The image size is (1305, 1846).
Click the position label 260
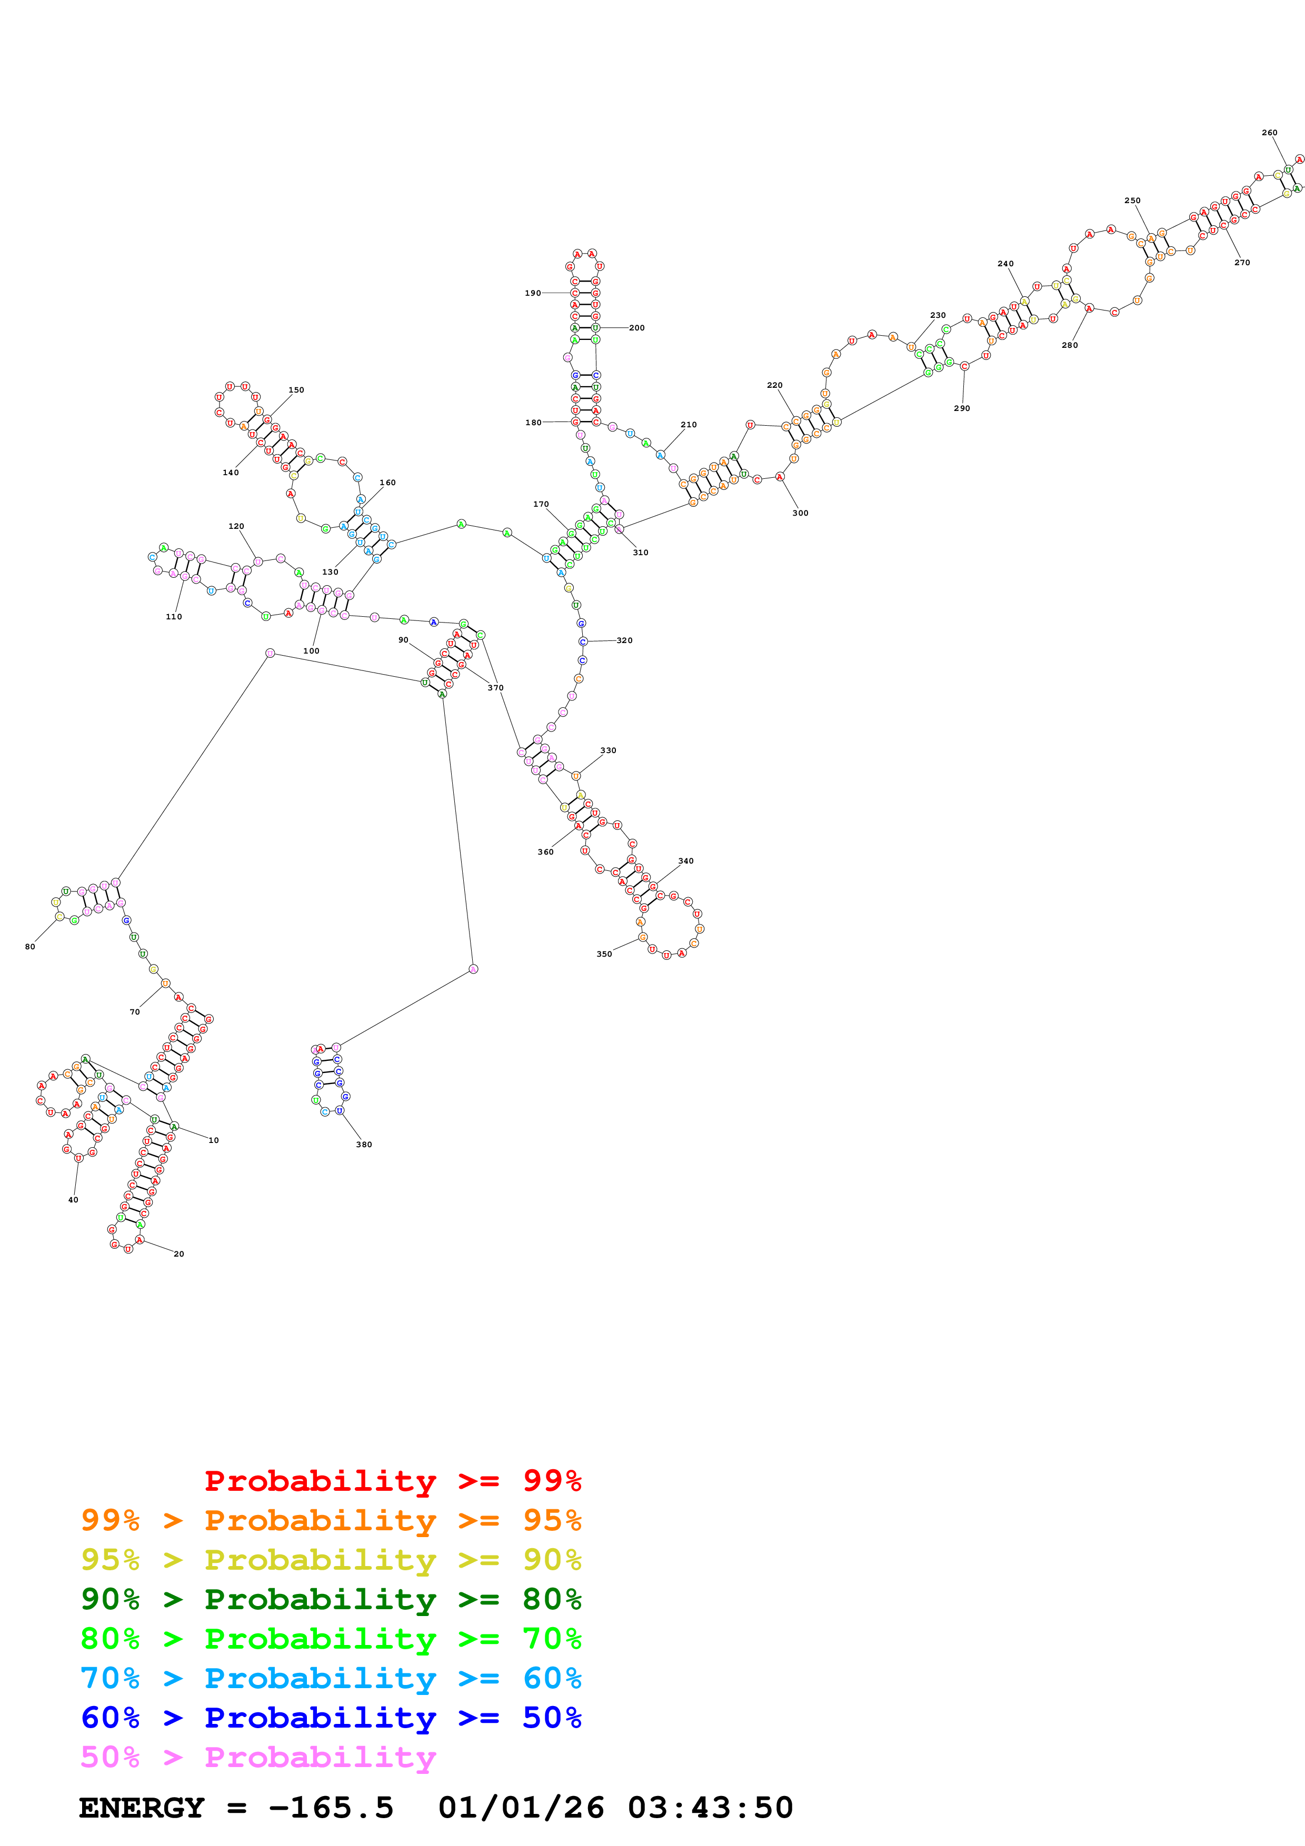1269,133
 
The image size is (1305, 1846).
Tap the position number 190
532,294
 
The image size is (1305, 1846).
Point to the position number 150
296,390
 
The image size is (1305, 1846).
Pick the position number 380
363,1144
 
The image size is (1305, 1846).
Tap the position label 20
178,1253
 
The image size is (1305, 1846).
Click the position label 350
604,955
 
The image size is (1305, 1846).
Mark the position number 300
800,513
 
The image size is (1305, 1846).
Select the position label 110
174,617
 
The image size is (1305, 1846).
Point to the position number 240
1005,264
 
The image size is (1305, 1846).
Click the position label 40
73,1200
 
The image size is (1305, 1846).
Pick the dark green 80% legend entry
331,1599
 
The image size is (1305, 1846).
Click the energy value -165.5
331,1808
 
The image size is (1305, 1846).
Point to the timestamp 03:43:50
710,1808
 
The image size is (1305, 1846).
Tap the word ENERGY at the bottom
142,1808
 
